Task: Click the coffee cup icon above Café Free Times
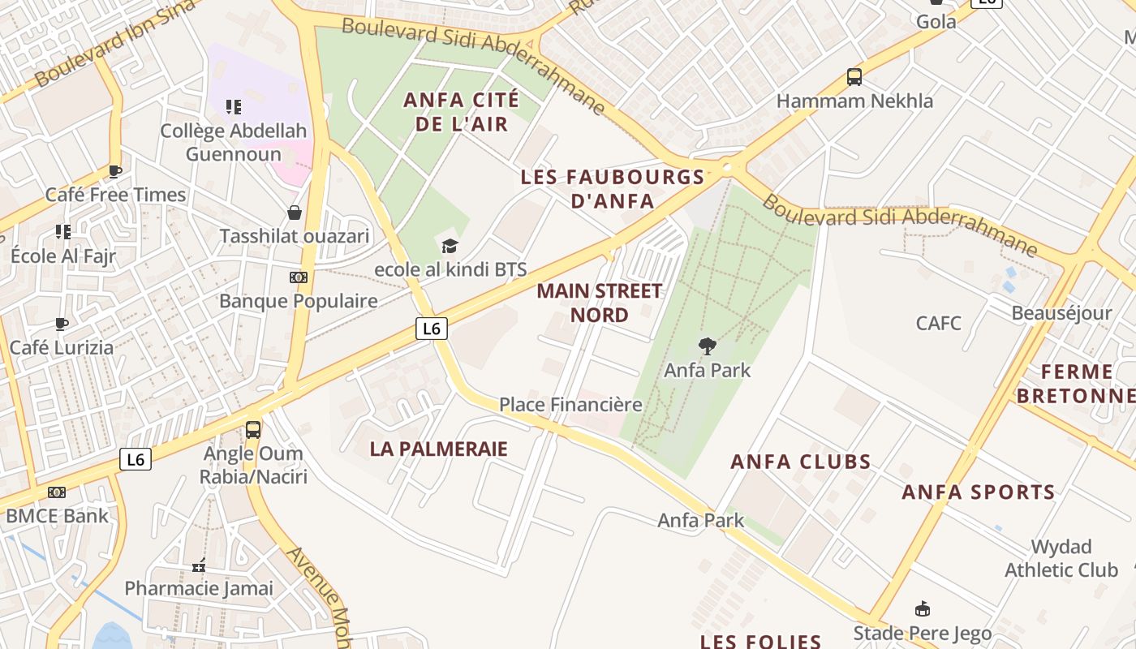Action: tap(114, 171)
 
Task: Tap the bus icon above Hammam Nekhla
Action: tap(854, 77)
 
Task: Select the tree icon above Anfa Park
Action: tap(708, 346)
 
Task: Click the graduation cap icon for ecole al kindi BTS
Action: tap(450, 246)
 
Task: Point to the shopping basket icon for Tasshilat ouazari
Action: tap(295, 213)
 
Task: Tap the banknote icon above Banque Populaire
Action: tap(299, 277)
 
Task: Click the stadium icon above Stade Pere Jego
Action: tap(922, 609)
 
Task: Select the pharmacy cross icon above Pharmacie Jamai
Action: tap(199, 565)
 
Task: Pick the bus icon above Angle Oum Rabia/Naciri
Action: tap(253, 429)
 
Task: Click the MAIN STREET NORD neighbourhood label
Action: tap(599, 303)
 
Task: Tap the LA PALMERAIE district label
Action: tap(438, 449)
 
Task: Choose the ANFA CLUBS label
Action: tap(800, 462)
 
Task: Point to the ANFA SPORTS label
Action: tap(978, 492)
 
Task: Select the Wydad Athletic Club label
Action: tap(1061, 558)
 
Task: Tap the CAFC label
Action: tap(938, 324)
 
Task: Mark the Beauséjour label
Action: tap(1061, 313)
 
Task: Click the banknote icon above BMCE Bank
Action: tap(56, 492)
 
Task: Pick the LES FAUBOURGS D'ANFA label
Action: tap(613, 189)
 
